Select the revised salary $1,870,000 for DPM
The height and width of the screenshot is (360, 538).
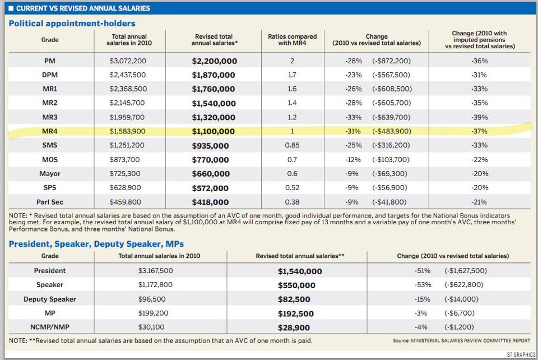[214, 75]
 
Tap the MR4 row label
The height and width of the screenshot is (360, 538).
[50, 132]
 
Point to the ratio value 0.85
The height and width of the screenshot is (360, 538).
[292, 146]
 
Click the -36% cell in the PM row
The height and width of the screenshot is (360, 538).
[480, 61]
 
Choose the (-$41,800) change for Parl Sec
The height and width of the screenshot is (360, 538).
[391, 202]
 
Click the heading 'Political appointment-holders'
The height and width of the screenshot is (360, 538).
[72, 24]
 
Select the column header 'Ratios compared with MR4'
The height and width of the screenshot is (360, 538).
[292, 40]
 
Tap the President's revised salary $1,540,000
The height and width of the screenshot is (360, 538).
[300, 271]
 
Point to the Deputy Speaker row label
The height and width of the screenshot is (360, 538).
[50, 299]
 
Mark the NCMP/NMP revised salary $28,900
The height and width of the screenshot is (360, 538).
[295, 327]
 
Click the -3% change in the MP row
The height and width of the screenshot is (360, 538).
[422, 313]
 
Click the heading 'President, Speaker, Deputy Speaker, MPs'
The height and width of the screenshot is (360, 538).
[96, 244]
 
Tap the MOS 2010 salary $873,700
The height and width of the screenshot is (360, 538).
[128, 160]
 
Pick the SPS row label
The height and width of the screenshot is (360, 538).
[50, 188]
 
